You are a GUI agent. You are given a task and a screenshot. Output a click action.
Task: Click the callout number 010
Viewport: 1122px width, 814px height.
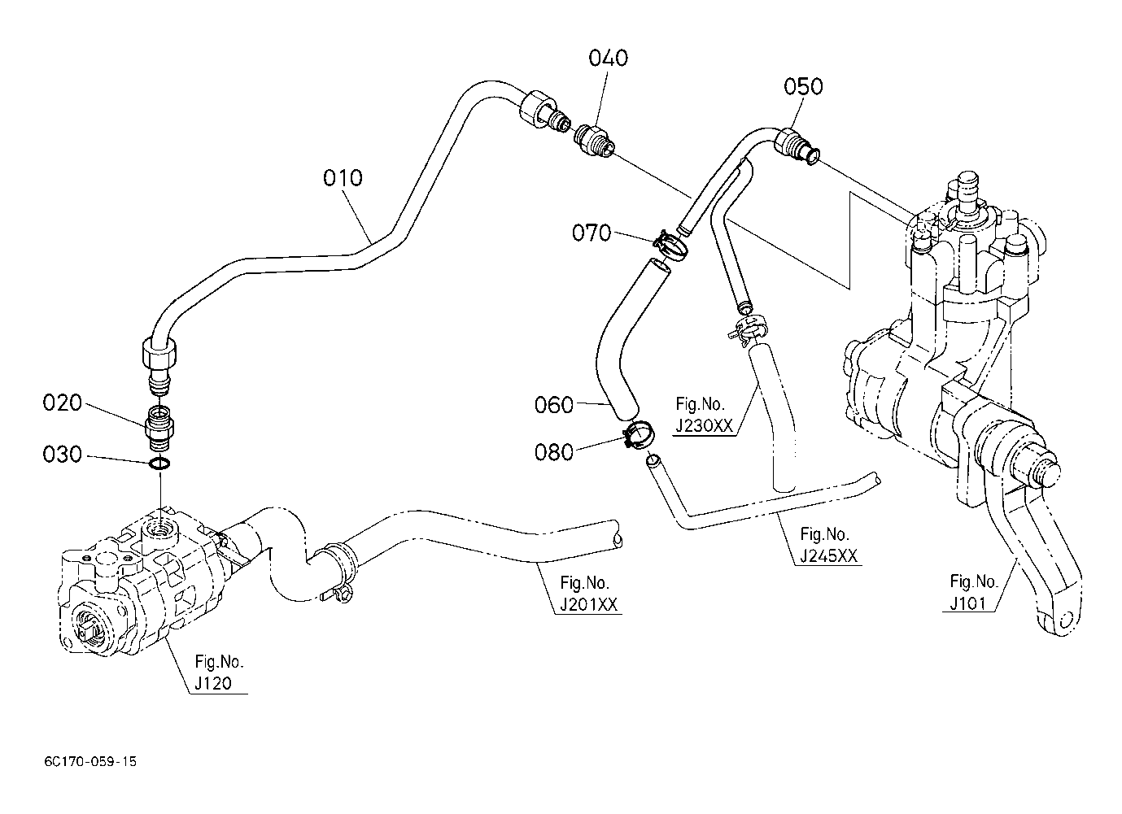[343, 178]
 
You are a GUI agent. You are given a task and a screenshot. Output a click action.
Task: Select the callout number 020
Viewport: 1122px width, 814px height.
[62, 403]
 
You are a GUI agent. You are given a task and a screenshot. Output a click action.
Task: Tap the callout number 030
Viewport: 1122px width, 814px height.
[62, 455]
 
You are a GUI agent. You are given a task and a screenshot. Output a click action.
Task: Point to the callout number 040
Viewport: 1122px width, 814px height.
[608, 58]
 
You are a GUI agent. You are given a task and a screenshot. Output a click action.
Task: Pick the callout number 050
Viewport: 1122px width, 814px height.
[803, 87]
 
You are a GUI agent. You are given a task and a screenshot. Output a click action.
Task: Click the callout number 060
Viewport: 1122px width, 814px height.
[554, 405]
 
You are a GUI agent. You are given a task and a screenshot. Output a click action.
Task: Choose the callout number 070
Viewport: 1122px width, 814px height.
[592, 233]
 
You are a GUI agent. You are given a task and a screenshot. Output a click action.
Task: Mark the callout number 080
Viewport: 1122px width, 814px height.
[554, 453]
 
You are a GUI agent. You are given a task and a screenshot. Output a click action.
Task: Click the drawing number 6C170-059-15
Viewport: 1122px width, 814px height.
[90, 761]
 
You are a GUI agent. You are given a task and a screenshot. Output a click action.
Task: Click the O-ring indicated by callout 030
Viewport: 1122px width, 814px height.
[159, 464]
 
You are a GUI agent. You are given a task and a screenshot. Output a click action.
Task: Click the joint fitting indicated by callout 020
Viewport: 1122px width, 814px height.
[159, 429]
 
